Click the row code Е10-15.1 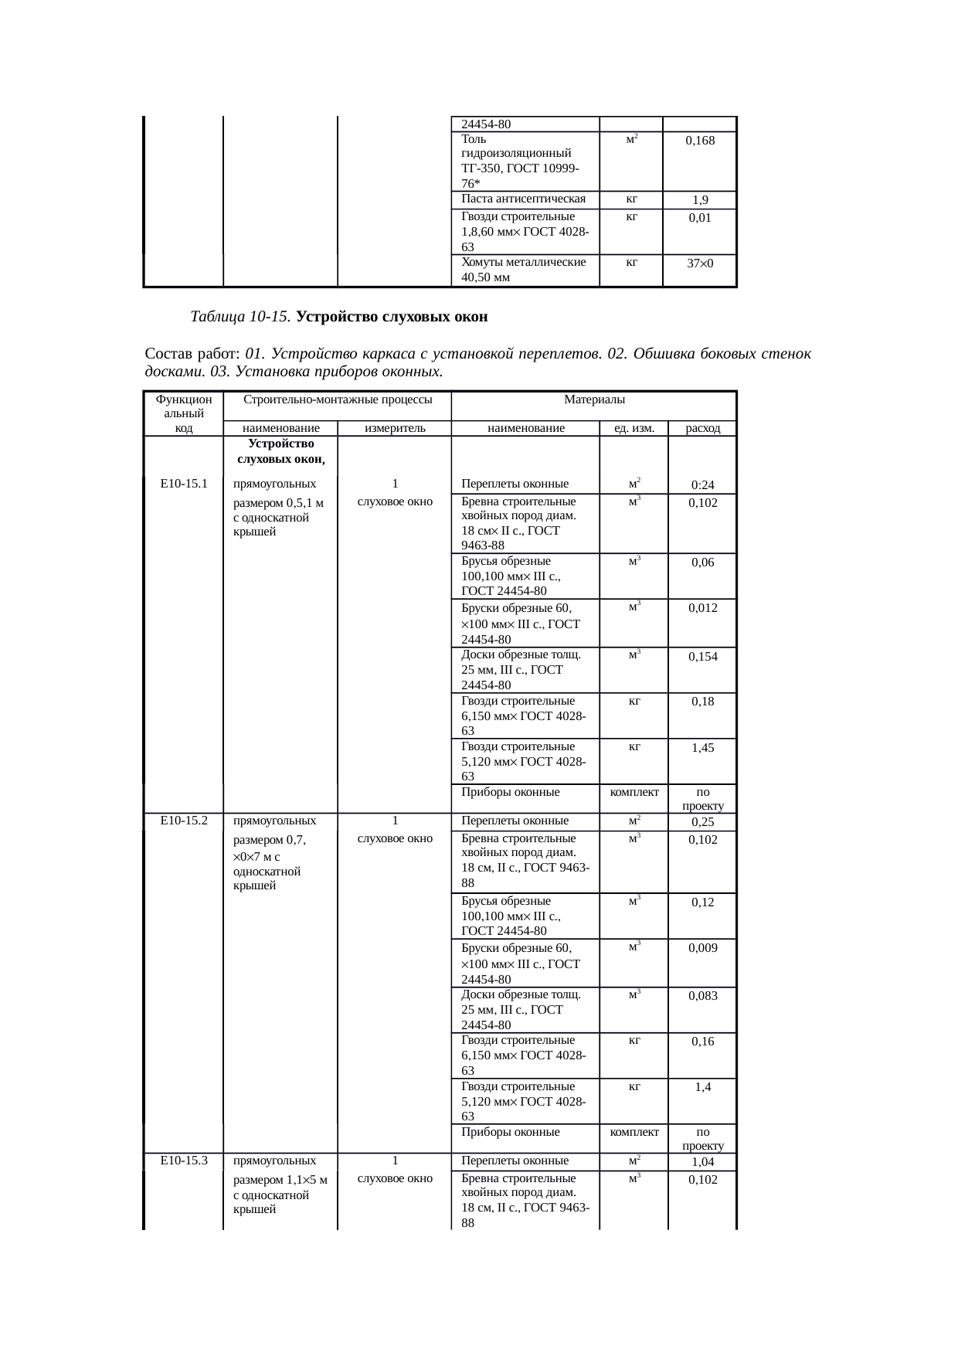click(x=183, y=484)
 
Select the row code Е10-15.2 click(x=183, y=821)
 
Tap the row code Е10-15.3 click(x=183, y=1161)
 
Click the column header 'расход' click(x=702, y=428)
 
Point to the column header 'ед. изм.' click(x=634, y=428)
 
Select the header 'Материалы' click(x=594, y=399)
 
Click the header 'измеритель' click(x=395, y=428)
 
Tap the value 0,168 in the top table click(x=700, y=141)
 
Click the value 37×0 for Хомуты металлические click(x=700, y=263)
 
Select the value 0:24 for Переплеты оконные click(x=702, y=485)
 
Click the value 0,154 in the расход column click(x=702, y=657)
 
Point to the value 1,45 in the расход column click(x=702, y=748)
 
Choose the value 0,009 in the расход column click(x=702, y=948)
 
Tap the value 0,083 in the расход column click(x=702, y=996)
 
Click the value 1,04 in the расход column click(x=702, y=1162)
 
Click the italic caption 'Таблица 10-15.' click(x=240, y=317)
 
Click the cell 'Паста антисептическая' click(x=523, y=199)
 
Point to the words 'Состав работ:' click(x=193, y=354)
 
